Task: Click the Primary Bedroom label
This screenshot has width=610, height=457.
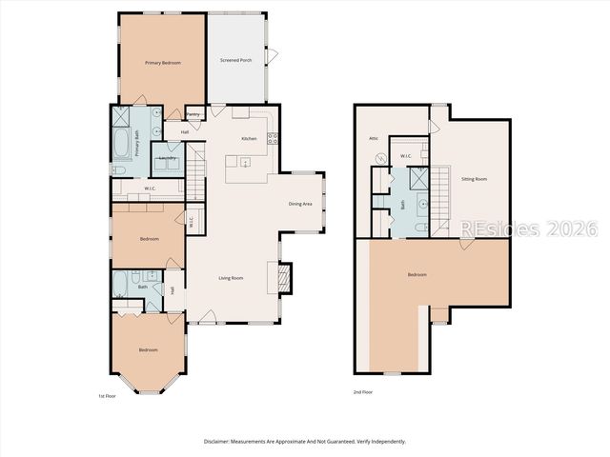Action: click(x=163, y=63)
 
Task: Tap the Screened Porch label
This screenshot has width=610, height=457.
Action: click(x=236, y=61)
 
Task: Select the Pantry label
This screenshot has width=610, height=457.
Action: click(x=193, y=113)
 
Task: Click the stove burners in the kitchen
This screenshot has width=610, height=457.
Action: click(x=273, y=136)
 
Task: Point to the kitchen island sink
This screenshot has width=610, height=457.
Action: click(x=246, y=163)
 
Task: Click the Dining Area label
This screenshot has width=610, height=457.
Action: click(x=300, y=204)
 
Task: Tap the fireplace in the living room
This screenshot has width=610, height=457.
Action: click(x=283, y=277)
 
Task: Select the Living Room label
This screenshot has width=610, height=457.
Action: click(x=231, y=278)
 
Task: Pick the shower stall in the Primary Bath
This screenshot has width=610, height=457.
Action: click(x=122, y=118)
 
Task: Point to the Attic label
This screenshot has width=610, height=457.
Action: click(x=375, y=138)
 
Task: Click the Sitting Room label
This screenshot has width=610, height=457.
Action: click(x=475, y=178)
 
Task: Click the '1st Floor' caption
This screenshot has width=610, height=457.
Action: click(x=108, y=395)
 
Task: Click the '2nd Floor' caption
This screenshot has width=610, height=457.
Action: click(x=362, y=392)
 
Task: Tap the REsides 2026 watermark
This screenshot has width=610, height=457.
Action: click(x=528, y=228)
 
